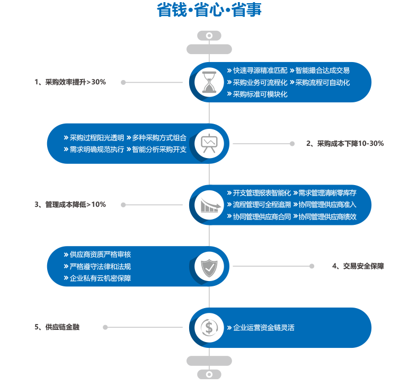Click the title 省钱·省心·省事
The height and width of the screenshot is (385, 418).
pyautogui.click(x=209, y=10)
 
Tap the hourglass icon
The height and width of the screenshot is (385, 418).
pyautogui.click(x=209, y=82)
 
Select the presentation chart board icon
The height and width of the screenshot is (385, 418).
pyautogui.click(x=209, y=143)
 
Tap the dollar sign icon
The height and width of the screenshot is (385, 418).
pyautogui.click(x=209, y=328)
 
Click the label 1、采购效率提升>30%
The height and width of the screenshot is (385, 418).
pyautogui.click(x=70, y=82)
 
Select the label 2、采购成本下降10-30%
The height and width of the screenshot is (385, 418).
pyautogui.click(x=345, y=144)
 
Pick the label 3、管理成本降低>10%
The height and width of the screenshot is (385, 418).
pyautogui.click(x=70, y=205)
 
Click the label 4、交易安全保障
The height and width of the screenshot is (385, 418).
pyautogui.click(x=358, y=266)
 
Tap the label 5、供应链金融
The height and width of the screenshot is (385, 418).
pyautogui.click(x=57, y=327)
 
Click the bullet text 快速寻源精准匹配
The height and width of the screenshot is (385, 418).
pyautogui.click(x=260, y=71)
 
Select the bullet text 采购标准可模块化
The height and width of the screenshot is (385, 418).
pyautogui.click(x=260, y=94)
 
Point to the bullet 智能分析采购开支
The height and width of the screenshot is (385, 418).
pyautogui.click(x=159, y=150)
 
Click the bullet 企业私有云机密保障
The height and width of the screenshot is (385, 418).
pyautogui.click(x=100, y=278)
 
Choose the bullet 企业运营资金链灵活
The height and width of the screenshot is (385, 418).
pyautogui.click(x=264, y=328)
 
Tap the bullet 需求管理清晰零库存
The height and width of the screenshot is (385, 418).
pyautogui.click(x=327, y=193)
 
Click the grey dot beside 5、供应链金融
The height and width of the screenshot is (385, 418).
pyautogui.click(x=105, y=327)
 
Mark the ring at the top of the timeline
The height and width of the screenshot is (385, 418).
pyautogui.click(x=209, y=36)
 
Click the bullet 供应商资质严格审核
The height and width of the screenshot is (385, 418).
pyautogui.click(x=100, y=255)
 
